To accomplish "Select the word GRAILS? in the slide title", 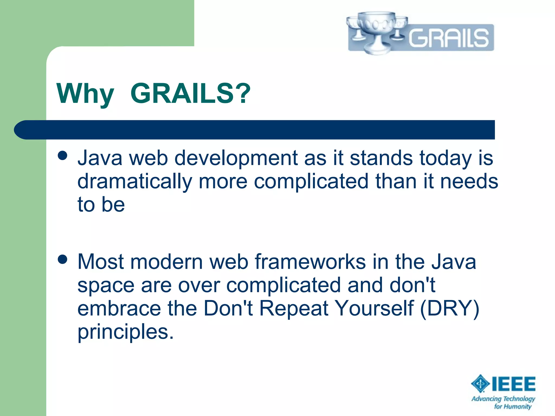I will pos(191,93).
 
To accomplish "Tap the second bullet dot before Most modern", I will pos(63,259).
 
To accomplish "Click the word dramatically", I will pos(135,181).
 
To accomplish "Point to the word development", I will pos(236,158).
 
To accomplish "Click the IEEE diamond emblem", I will pos(480,383).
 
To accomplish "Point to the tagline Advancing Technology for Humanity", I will pos(504,402).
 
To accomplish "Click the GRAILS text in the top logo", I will pos(448,38).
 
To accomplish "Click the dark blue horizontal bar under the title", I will pos(255,130).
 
